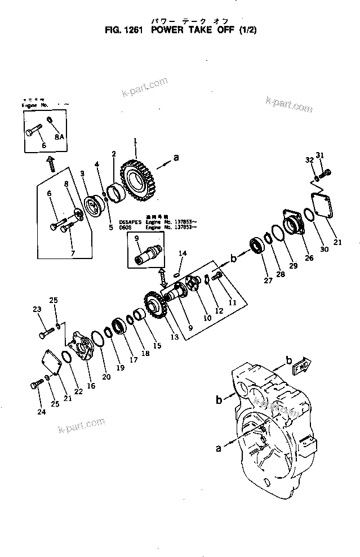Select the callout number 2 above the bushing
(x=114, y=154)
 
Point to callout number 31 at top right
(x=321, y=155)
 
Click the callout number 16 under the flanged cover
(x=91, y=386)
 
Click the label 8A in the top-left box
(x=59, y=136)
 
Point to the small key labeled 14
(x=177, y=275)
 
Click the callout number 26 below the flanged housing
(x=309, y=259)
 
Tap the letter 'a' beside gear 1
(x=176, y=158)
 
